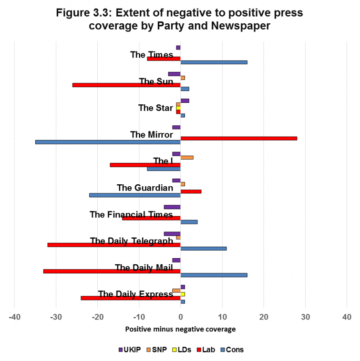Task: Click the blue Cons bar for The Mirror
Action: pyautogui.click(x=108, y=142)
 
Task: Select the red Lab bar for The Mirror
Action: pyautogui.click(x=238, y=138)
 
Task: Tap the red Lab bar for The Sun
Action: pyautogui.click(x=126, y=85)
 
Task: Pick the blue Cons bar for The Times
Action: pyautogui.click(x=214, y=62)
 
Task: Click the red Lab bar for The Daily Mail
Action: pyautogui.click(x=112, y=271)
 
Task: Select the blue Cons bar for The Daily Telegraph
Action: pyautogui.click(x=203, y=248)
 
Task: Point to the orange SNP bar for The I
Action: pyautogui.click(x=187, y=157)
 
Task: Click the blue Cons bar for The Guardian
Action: pyautogui.click(x=135, y=195)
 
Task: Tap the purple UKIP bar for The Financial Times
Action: pyautogui.click(x=172, y=207)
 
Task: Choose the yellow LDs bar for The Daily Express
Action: pyautogui.click(x=183, y=294)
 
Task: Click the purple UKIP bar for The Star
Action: pyautogui.click(x=185, y=100)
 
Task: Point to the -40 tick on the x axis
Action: pyautogui.click(x=15, y=317)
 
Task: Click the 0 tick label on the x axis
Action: pyautogui.click(x=181, y=317)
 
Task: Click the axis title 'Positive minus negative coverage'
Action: pyautogui.click(x=180, y=329)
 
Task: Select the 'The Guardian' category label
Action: pyautogui.click(x=145, y=188)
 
